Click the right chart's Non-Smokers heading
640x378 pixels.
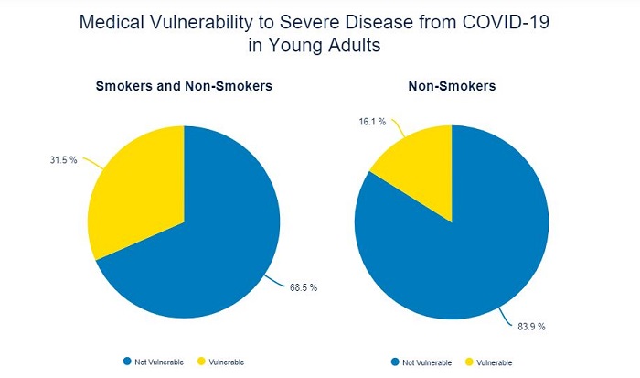tap(453, 88)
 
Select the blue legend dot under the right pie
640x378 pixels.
tap(394, 361)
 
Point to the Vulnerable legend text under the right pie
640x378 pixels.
tap(494, 361)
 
